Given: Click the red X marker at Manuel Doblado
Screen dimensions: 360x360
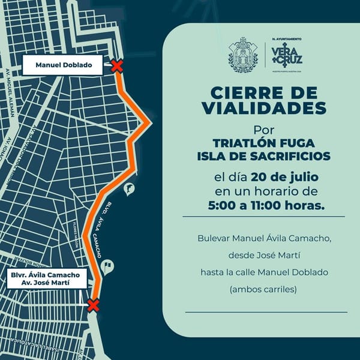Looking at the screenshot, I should tap(117, 65).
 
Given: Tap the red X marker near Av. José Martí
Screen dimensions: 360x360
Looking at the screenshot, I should tap(93, 305).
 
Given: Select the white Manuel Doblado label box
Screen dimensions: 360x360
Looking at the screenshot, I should tap(64, 65).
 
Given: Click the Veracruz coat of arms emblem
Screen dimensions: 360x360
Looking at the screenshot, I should tap(242, 54).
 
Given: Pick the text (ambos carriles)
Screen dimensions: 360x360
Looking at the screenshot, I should tap(262, 289).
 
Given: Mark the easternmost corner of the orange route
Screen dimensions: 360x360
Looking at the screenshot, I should tap(149, 122).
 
